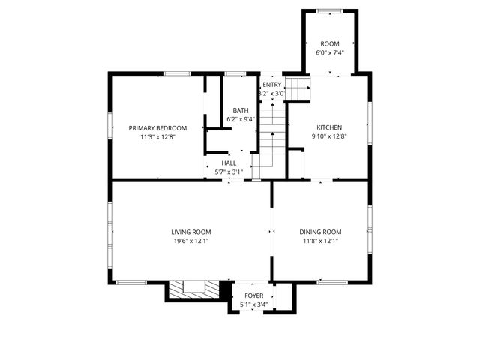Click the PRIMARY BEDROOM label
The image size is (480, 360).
(157, 128)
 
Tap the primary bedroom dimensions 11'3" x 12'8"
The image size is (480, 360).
(157, 137)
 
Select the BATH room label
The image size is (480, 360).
(241, 110)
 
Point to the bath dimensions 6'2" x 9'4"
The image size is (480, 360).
(241, 119)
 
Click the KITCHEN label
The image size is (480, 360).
(329, 127)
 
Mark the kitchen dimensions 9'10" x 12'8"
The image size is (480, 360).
(329, 137)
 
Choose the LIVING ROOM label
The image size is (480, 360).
(190, 232)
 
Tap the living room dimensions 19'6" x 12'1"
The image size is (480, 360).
(190, 241)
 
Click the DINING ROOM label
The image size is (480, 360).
(321, 232)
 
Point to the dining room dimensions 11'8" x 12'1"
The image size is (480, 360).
(321, 241)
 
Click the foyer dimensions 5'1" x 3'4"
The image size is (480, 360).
(253, 305)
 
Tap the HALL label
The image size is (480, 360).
(229, 163)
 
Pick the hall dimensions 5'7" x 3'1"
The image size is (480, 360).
(229, 172)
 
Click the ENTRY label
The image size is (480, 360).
(271, 85)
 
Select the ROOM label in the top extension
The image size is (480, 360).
(329, 44)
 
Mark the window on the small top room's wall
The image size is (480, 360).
(328, 10)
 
